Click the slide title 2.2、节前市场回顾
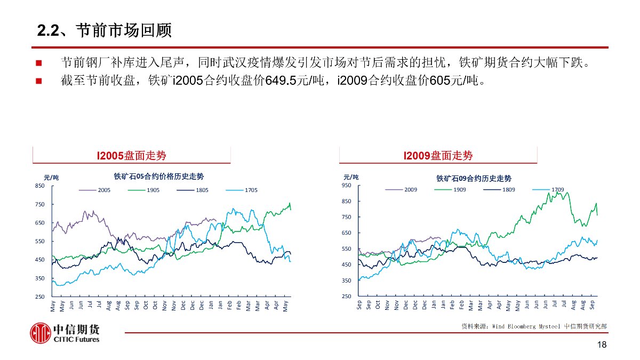(105, 30)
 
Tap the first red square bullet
(39, 64)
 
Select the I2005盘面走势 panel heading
(131, 156)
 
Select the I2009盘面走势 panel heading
(438, 156)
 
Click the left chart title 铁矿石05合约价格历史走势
(158, 176)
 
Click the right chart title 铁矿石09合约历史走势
(474, 178)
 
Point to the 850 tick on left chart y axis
(39, 186)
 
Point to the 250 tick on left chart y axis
(39, 297)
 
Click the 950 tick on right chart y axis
(347, 186)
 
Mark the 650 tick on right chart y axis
(347, 233)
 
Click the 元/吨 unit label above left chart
(51, 178)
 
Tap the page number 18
(602, 345)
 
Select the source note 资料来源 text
(533, 325)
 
